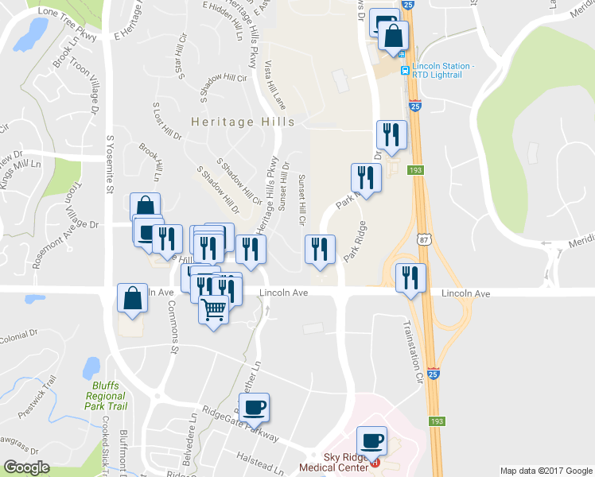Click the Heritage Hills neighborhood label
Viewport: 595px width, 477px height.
click(x=243, y=122)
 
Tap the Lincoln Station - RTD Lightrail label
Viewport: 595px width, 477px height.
click(x=443, y=69)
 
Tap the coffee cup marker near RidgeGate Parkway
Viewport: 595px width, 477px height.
click(x=254, y=408)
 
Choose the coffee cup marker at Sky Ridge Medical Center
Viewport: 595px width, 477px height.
click(x=371, y=440)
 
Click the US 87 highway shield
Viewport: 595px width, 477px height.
click(x=422, y=239)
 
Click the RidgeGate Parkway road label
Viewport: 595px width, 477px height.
click(x=240, y=425)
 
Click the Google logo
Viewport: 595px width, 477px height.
click(x=26, y=467)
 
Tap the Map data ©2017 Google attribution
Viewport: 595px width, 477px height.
click(x=546, y=471)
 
